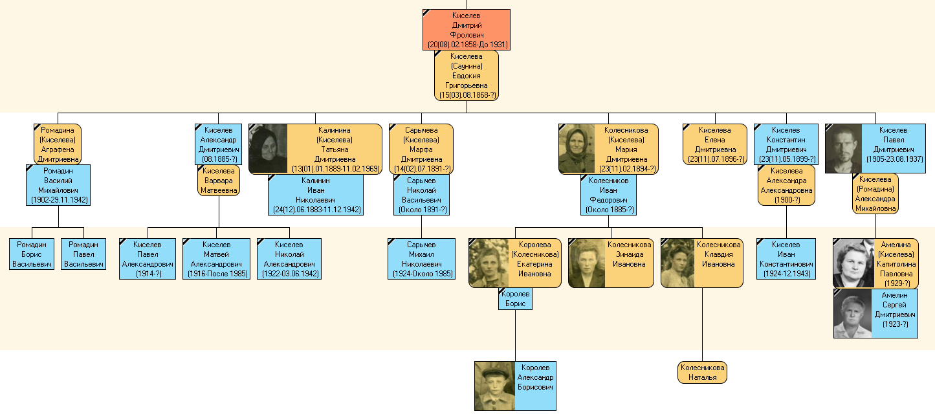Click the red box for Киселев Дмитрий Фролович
click(467, 30)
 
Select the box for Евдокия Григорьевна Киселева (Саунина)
click(466, 76)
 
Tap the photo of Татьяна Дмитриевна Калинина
click(267, 149)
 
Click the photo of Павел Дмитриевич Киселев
click(842, 149)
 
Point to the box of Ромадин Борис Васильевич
click(32, 254)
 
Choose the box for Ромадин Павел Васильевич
click(83, 254)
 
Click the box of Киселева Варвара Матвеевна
click(218, 181)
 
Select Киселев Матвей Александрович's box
click(216, 259)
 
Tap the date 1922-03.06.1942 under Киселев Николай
click(289, 274)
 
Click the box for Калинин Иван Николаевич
click(316, 195)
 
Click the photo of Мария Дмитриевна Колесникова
click(577, 149)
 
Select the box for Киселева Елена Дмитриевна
click(714, 144)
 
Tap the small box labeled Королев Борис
click(515, 299)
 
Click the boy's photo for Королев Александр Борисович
click(495, 386)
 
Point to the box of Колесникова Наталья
click(702, 372)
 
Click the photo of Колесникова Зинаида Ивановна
click(586, 263)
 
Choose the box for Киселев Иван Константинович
click(786, 259)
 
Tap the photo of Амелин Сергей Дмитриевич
click(853, 314)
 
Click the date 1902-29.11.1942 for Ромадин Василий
click(59, 200)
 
